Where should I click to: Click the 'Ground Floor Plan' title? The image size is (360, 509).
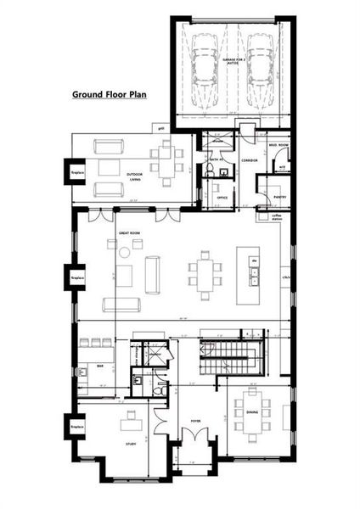click(110, 95)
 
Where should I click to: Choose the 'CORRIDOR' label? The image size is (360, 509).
click(250, 159)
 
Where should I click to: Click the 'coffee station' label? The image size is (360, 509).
click(276, 216)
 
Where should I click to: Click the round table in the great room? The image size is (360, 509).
click(125, 252)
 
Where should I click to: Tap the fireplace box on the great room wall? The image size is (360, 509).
click(76, 277)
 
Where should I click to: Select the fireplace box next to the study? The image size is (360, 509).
click(76, 424)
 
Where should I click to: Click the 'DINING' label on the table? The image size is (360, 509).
click(252, 413)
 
